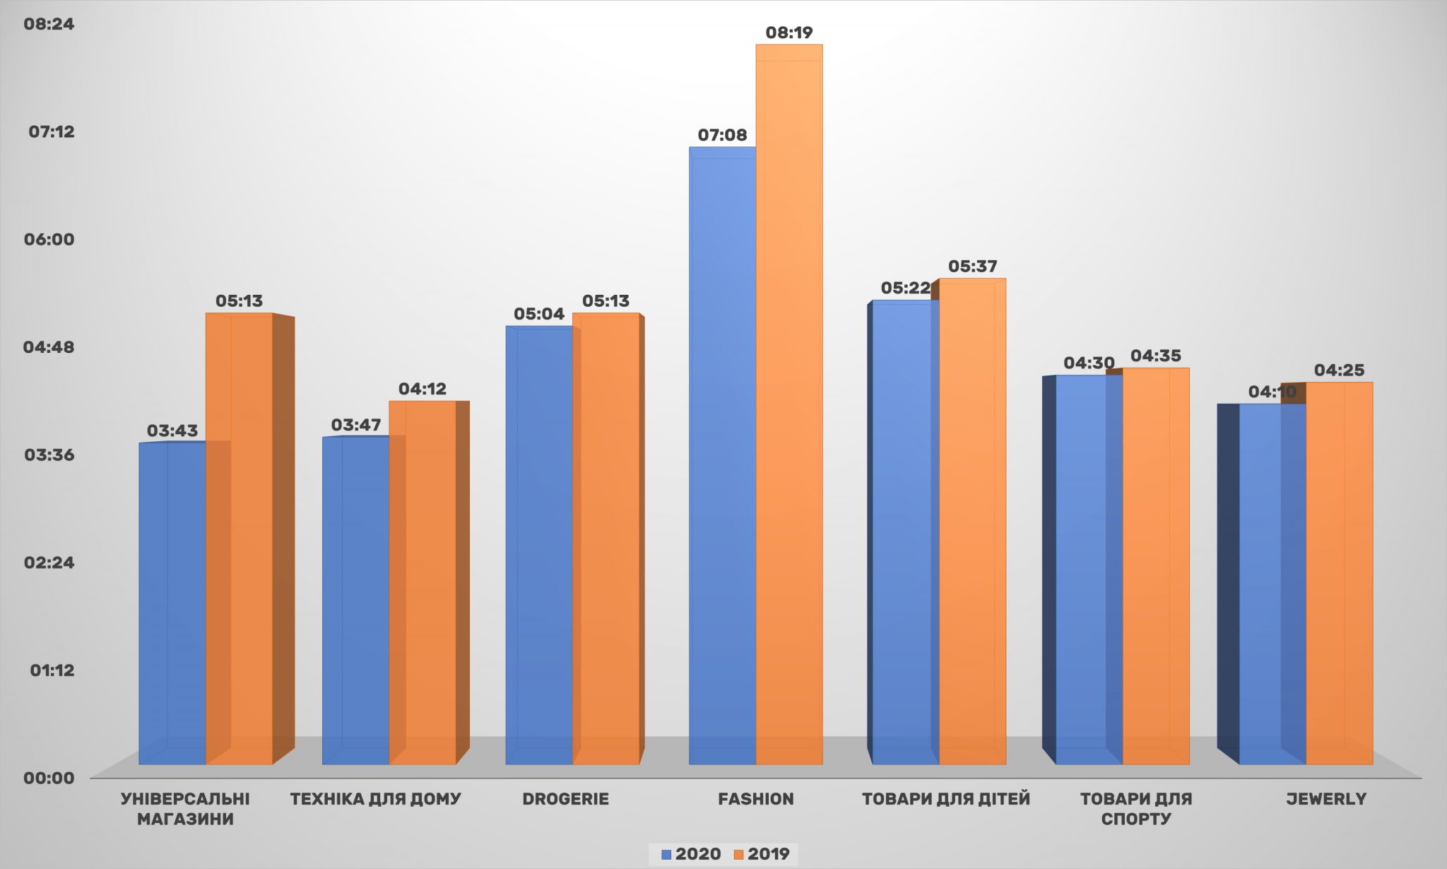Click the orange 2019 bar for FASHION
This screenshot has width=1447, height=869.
pyautogui.click(x=789, y=403)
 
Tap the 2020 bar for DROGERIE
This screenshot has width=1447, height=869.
pyautogui.click(x=539, y=544)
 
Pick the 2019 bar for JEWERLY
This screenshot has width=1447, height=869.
pyautogui.click(x=1339, y=573)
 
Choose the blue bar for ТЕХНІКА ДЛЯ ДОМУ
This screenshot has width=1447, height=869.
pyautogui.click(x=355, y=601)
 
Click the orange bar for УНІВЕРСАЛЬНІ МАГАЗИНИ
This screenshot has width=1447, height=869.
pyautogui.click(x=239, y=537)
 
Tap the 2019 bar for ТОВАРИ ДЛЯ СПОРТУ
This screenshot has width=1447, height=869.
pyautogui.click(x=1156, y=566)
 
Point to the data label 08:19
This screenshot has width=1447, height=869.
pyautogui.click(x=789, y=33)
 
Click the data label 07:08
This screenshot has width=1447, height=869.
pyautogui.click(x=722, y=135)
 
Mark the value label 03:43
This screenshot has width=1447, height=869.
pyautogui.click(x=172, y=431)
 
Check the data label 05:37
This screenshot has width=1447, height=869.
pyautogui.click(x=973, y=267)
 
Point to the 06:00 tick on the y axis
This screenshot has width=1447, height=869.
pyautogui.click(x=49, y=240)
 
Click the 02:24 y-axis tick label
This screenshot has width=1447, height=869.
pyautogui.click(x=49, y=563)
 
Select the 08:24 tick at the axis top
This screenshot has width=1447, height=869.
pyautogui.click(x=49, y=24)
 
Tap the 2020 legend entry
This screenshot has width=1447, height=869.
pyautogui.click(x=691, y=854)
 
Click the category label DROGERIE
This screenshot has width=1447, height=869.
pyautogui.click(x=565, y=799)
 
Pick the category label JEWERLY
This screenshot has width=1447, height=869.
pyautogui.click(x=1326, y=799)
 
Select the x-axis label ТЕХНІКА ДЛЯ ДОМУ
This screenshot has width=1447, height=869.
pyautogui.click(x=375, y=799)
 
